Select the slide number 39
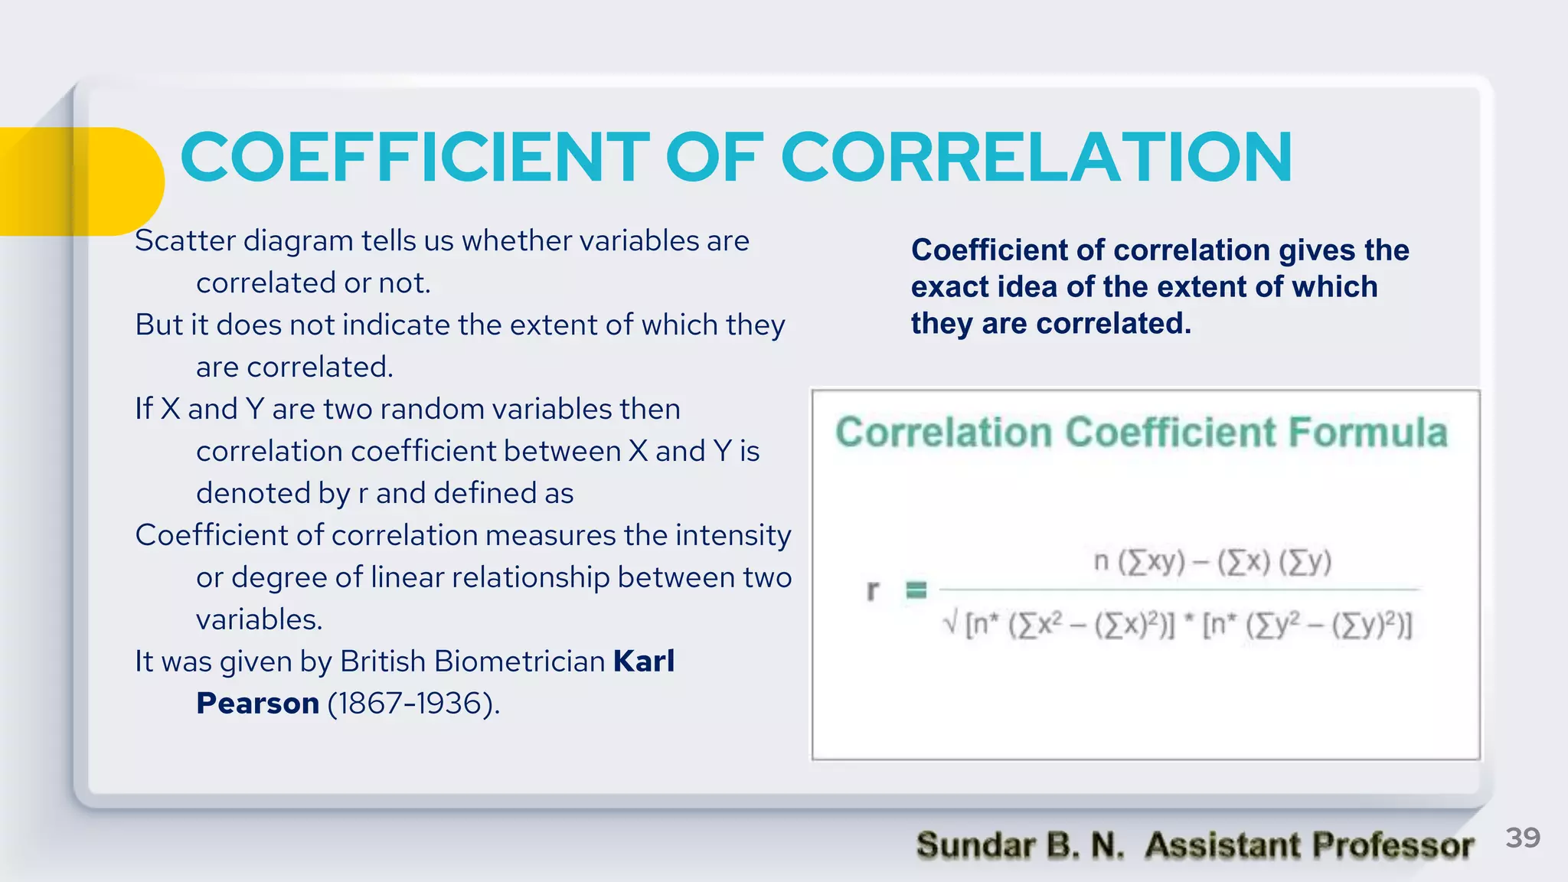(x=1522, y=838)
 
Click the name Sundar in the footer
(x=975, y=846)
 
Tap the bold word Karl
(x=644, y=661)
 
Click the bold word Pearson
(x=257, y=704)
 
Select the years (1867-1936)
(x=413, y=704)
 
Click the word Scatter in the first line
(x=185, y=241)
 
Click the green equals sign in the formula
(x=916, y=590)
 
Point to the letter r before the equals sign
(x=872, y=591)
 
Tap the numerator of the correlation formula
(x=1213, y=562)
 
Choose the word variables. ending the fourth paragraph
(x=259, y=619)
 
